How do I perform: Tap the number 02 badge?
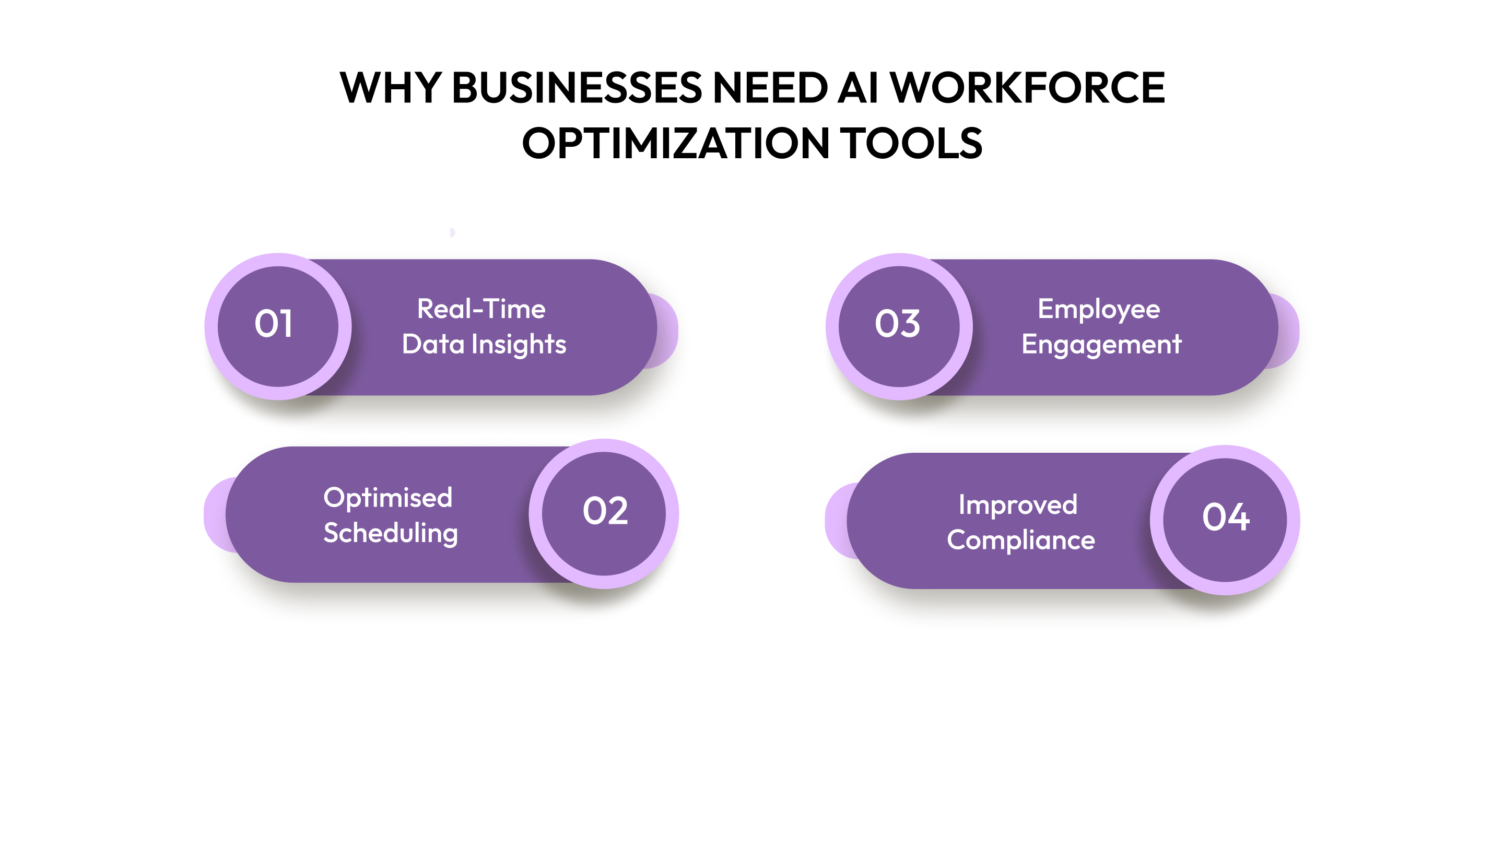coord(605,512)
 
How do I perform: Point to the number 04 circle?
coord(1226,518)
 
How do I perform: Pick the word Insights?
coord(519,345)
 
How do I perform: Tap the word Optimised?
coord(387,498)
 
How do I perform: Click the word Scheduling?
coord(391,533)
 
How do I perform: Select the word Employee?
coord(1098,310)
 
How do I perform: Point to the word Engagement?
coord(1101,345)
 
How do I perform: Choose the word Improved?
coord(1018,505)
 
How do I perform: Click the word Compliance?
coord(1020,540)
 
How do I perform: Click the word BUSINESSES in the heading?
coord(577,88)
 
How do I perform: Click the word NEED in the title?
coord(770,88)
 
